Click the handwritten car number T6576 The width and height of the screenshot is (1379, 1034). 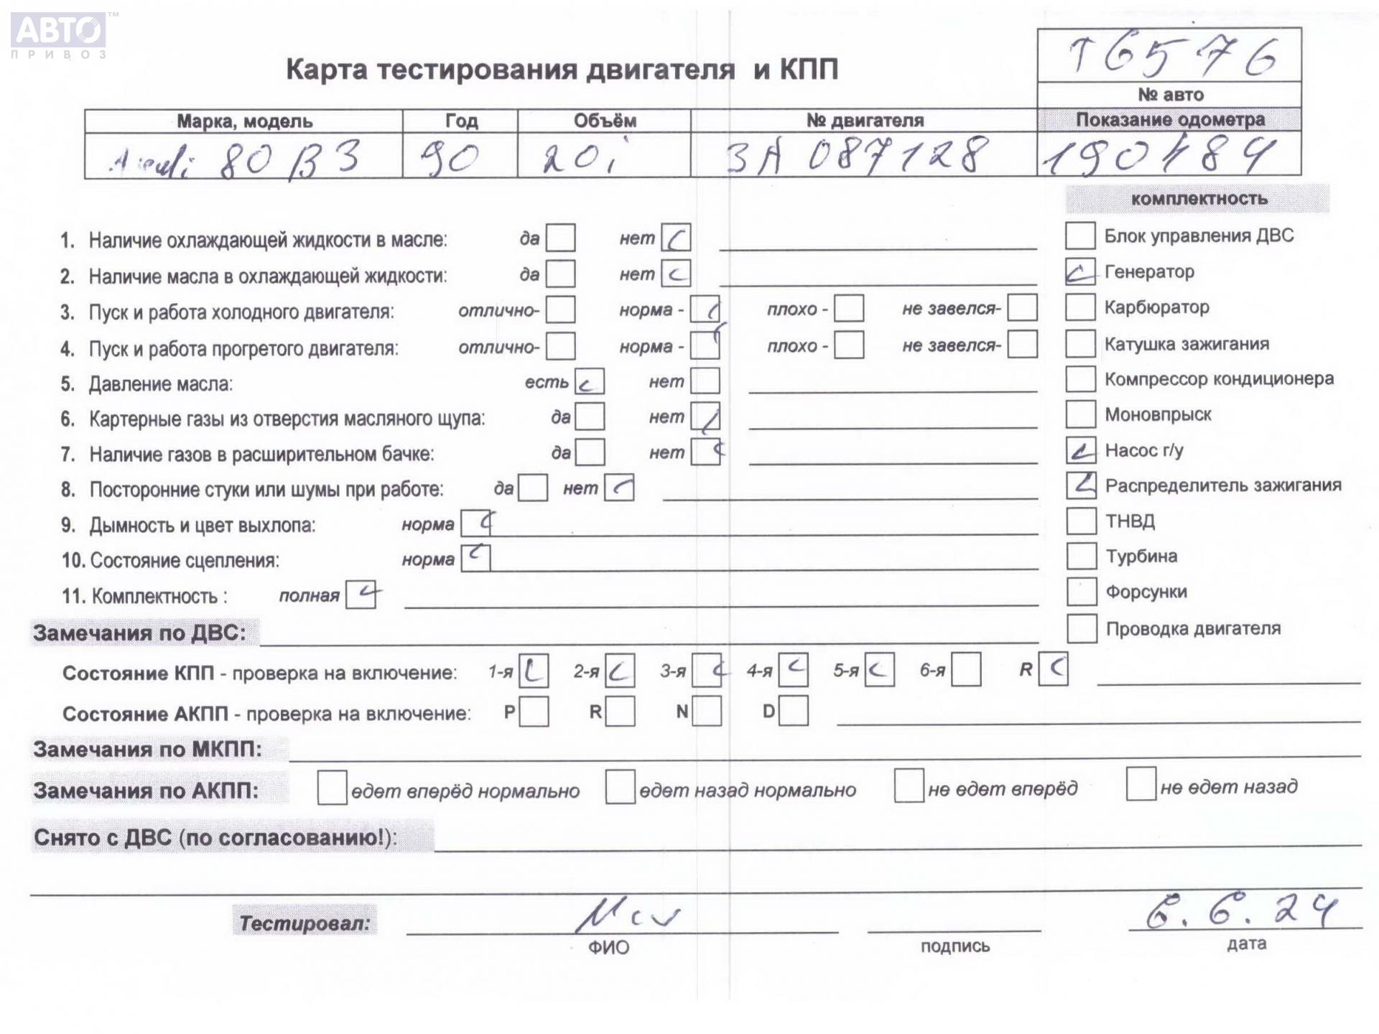point(1171,56)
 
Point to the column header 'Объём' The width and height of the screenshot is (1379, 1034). point(604,121)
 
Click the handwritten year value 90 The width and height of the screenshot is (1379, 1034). point(450,157)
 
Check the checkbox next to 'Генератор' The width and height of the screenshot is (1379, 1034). point(1079,271)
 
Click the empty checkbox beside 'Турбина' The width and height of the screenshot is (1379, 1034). point(1081,556)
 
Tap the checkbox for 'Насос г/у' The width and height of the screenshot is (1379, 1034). point(1080,450)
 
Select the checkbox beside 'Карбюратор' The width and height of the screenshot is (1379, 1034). point(1079,307)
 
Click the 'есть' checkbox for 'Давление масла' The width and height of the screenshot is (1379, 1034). point(589,382)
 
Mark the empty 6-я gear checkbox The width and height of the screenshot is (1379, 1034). point(966,670)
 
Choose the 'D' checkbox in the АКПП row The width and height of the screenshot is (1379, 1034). point(793,711)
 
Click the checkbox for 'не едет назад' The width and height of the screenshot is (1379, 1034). point(1141,784)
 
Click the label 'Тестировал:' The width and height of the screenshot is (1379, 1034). point(305,922)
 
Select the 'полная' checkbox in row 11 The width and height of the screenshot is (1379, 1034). point(361,595)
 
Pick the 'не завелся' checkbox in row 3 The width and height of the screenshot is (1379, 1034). point(1021,308)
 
